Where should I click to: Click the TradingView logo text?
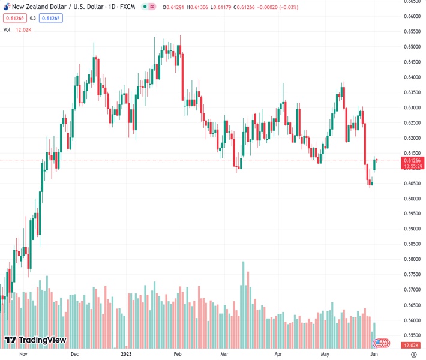pyautogui.click(x=42, y=340)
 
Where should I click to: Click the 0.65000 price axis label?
pyautogui.click(x=412, y=47)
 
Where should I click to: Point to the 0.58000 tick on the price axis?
pyautogui.click(x=412, y=259)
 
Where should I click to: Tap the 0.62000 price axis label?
pyautogui.click(x=412, y=138)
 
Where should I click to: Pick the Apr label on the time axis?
pyautogui.click(x=278, y=355)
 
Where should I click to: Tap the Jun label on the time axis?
pyautogui.click(x=373, y=355)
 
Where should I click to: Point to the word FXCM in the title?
pyautogui.click(x=125, y=6)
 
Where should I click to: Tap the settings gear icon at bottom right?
pyautogui.click(x=413, y=355)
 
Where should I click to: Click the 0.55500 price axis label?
pyautogui.click(x=412, y=335)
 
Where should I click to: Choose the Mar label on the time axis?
pyautogui.click(x=224, y=355)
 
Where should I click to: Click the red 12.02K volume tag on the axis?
pyautogui.click(x=412, y=346)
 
